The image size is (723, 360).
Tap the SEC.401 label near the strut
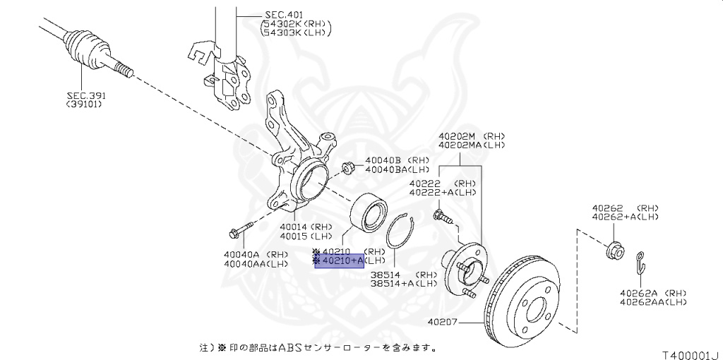[x=283, y=14]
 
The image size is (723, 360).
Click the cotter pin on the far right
[x=640, y=263]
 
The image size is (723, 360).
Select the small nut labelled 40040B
[x=347, y=168]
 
